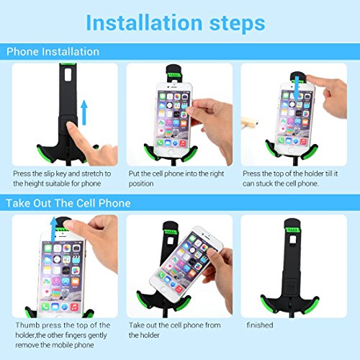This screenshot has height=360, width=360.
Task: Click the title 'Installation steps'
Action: tap(176, 23)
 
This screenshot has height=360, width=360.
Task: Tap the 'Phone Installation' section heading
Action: tap(53, 52)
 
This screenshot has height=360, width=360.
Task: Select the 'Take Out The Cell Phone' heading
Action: tap(68, 203)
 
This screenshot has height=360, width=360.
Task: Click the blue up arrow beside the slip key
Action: tap(84, 112)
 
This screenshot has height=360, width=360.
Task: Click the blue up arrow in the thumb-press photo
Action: tap(53, 229)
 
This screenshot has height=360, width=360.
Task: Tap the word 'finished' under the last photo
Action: tap(260, 325)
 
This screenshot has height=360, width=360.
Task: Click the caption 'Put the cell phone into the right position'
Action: tap(176, 179)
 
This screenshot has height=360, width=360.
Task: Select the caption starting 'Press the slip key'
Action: tap(62, 179)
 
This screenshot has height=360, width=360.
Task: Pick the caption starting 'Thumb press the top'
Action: tap(63, 335)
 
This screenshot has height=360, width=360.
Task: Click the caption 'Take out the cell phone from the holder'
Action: tap(175, 330)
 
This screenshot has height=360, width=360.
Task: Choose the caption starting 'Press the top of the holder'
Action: tap(290, 179)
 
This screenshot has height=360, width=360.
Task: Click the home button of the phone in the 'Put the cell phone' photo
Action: tap(171, 152)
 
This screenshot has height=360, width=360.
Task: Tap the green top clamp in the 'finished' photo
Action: tap(292, 230)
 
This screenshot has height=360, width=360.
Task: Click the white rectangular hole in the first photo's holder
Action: tap(68, 75)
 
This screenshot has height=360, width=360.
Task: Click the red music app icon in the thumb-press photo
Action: tap(74, 307)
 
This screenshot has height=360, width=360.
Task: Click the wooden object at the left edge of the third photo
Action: tap(249, 122)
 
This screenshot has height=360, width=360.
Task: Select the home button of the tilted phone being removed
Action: tap(164, 289)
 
